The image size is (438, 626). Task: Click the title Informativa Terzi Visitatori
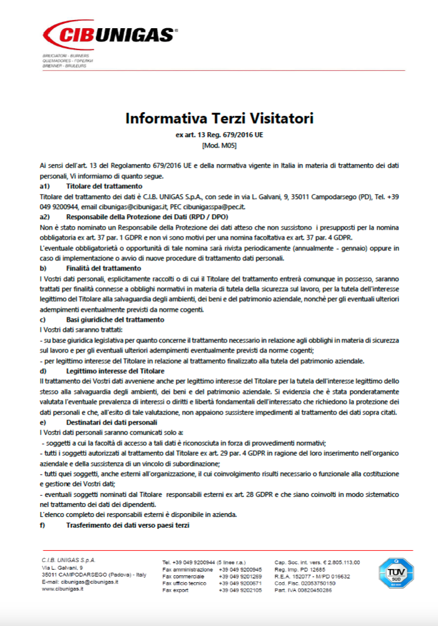pos(219,118)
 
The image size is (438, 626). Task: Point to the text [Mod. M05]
pos(219,145)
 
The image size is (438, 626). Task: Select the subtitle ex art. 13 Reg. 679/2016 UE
pos(219,135)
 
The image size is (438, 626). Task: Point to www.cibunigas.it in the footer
pos(63,590)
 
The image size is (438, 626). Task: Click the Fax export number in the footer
pos(240,590)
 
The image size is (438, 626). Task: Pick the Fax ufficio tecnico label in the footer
pos(185,582)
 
